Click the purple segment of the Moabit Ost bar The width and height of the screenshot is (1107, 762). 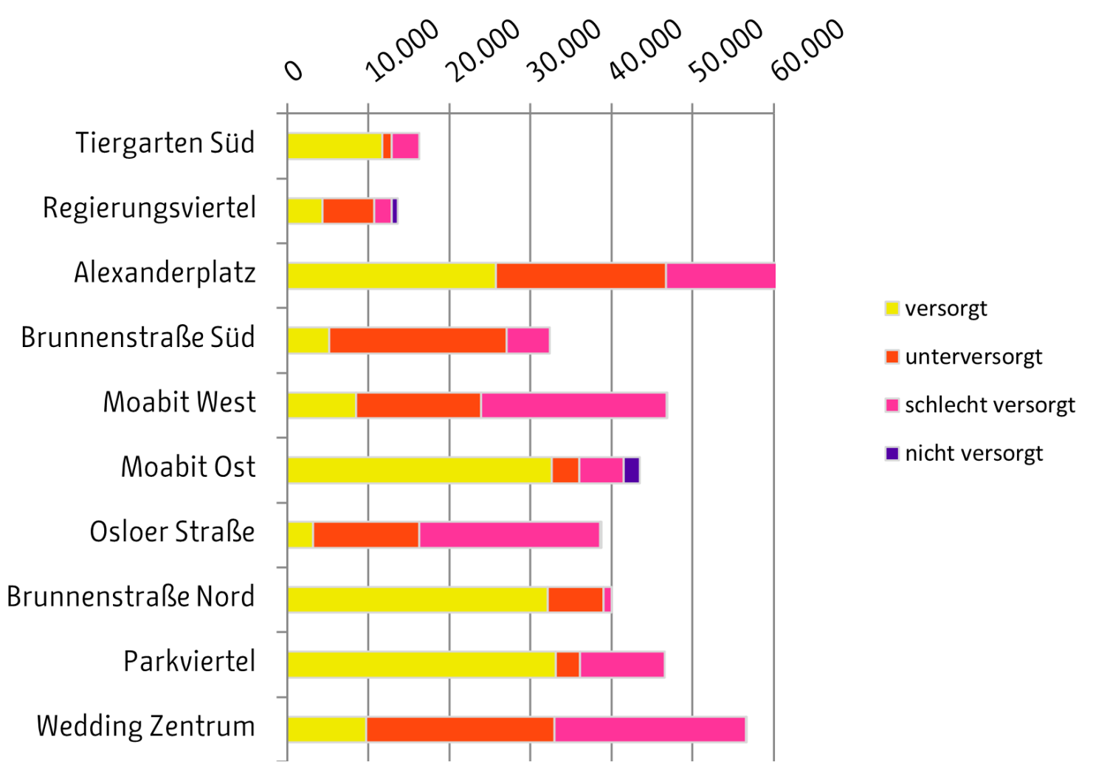(x=631, y=470)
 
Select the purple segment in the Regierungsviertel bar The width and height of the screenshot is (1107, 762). (x=395, y=211)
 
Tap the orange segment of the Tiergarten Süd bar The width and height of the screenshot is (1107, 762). (x=387, y=146)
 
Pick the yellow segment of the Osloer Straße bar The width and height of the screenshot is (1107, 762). (x=300, y=535)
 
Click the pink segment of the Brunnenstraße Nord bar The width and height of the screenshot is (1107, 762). (x=607, y=600)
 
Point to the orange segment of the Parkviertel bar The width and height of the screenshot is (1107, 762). (x=568, y=665)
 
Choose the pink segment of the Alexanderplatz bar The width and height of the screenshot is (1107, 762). (x=720, y=276)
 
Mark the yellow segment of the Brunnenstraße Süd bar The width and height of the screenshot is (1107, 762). (x=308, y=340)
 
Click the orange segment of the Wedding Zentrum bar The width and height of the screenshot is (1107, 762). (x=460, y=730)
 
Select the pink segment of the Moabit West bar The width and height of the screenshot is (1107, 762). (x=573, y=405)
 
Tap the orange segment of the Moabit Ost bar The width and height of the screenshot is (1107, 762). (x=565, y=470)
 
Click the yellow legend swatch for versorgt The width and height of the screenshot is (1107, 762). (x=892, y=308)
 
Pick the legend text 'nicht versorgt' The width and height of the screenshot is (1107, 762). (x=973, y=453)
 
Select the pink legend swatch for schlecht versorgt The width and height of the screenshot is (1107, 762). (x=892, y=405)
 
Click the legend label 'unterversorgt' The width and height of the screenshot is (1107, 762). (x=973, y=357)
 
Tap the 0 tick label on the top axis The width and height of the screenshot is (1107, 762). (x=294, y=70)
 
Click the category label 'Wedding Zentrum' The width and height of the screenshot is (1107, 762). (x=146, y=727)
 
